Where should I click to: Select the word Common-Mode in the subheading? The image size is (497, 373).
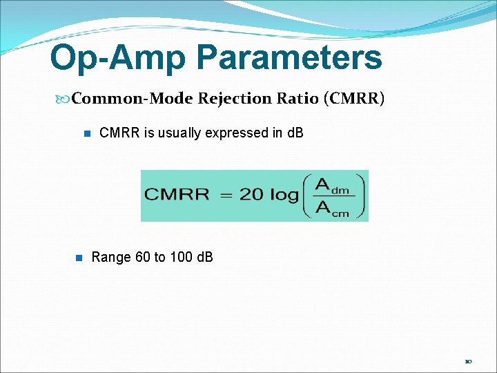[132, 99]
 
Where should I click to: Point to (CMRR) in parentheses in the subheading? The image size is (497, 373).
[353, 99]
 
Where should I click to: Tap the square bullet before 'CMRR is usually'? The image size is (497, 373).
[87, 133]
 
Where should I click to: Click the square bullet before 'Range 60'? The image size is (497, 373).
[78, 258]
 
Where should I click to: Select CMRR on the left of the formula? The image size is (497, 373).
[176, 195]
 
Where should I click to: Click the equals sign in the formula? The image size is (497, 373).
[226, 195]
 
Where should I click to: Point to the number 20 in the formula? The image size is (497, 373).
[251, 195]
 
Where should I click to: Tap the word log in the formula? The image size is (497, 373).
[284, 195]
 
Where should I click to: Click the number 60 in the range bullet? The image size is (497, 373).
[142, 258]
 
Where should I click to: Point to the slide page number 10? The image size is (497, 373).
[468, 361]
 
